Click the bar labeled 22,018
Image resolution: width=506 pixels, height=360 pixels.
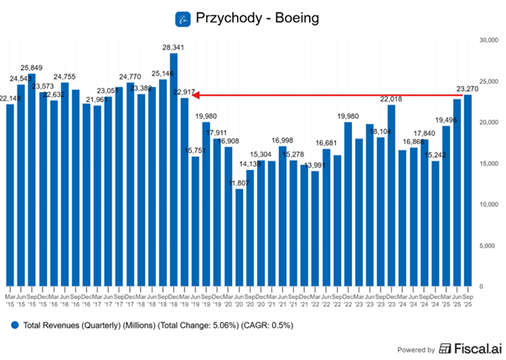[x=391, y=196]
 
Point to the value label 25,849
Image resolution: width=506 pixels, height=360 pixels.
[x=31, y=67]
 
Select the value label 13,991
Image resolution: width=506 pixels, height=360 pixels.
[x=315, y=165]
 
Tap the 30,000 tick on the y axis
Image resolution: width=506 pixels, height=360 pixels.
[x=488, y=39]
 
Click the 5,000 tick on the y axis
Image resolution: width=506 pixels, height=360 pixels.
[x=487, y=245]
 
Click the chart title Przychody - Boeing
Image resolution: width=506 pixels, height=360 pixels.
[x=259, y=17]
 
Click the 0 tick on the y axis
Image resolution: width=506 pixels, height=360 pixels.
[x=481, y=286]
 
